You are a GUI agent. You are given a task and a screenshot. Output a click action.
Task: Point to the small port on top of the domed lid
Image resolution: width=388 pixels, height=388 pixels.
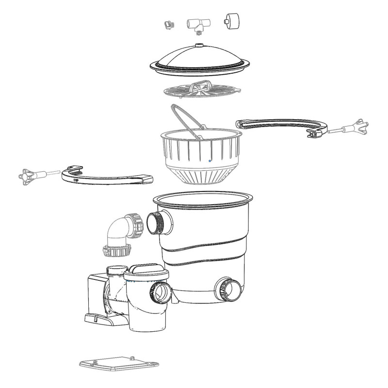[199, 47]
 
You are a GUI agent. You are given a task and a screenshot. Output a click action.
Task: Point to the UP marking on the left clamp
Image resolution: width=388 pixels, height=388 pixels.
[76, 179]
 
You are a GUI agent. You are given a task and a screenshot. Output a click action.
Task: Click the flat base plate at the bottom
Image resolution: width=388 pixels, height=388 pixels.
[119, 363]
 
